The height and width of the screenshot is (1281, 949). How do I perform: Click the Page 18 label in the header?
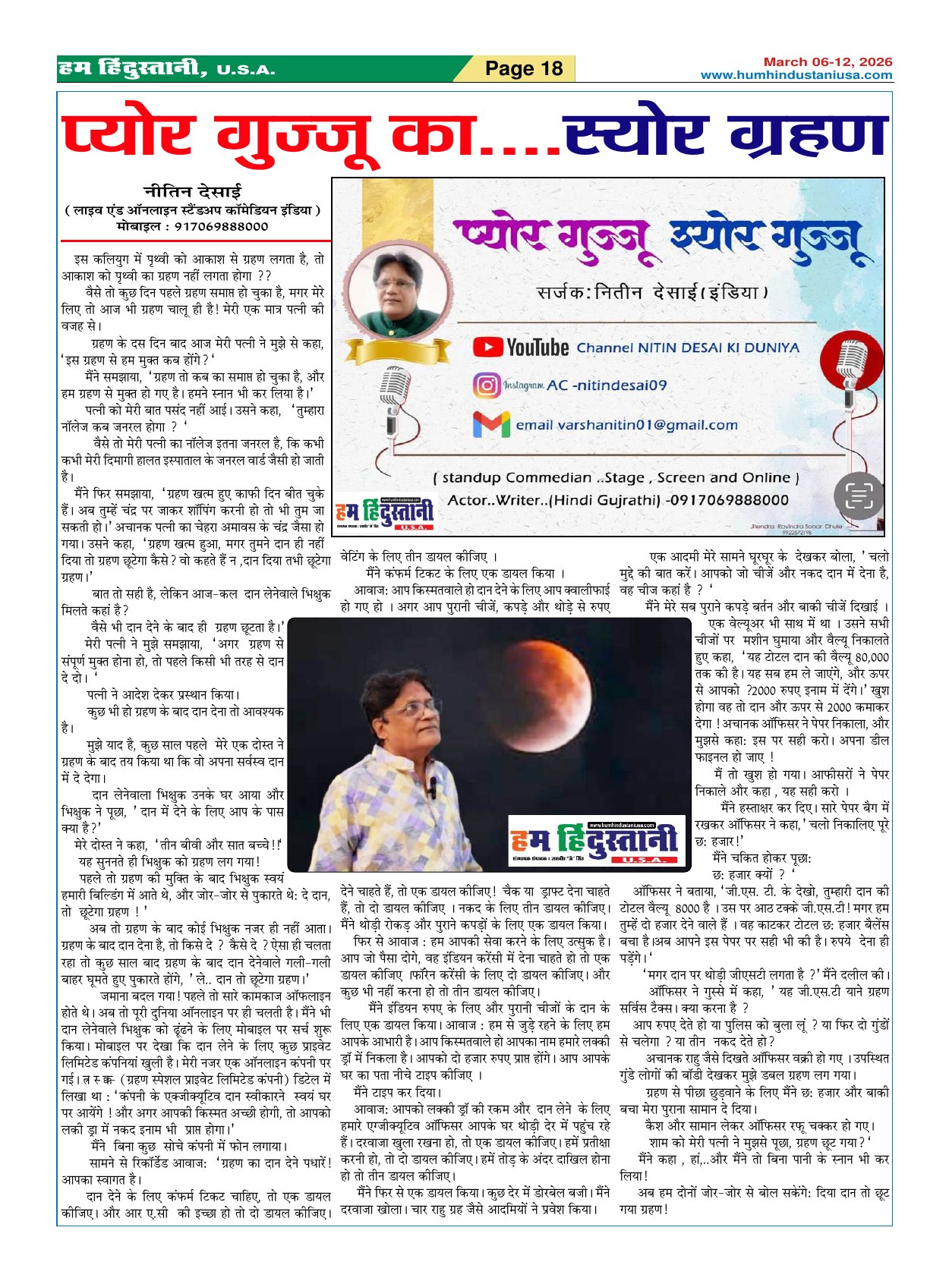click(x=523, y=69)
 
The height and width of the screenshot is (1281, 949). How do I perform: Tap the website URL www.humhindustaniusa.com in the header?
click(x=796, y=75)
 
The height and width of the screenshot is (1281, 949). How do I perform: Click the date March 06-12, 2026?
click(x=828, y=62)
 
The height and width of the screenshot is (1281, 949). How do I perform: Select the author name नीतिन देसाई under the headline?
click(x=193, y=192)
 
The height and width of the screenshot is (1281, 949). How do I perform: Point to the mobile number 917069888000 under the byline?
click(x=221, y=226)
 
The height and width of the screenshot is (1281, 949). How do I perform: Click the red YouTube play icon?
click(x=487, y=347)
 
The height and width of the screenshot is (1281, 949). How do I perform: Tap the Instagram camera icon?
click(x=487, y=386)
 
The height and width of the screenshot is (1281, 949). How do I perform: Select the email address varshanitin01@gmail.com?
click(x=626, y=425)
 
